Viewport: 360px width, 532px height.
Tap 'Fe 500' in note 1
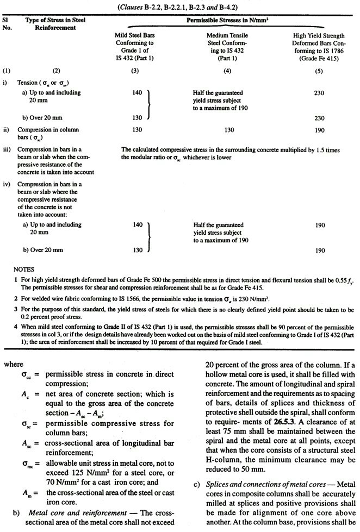[x=134, y=278]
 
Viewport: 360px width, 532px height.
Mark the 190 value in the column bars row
[x=319, y=130]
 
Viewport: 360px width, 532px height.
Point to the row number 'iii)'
[x=7, y=148]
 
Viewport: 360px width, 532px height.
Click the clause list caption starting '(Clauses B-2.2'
[x=179, y=8]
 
